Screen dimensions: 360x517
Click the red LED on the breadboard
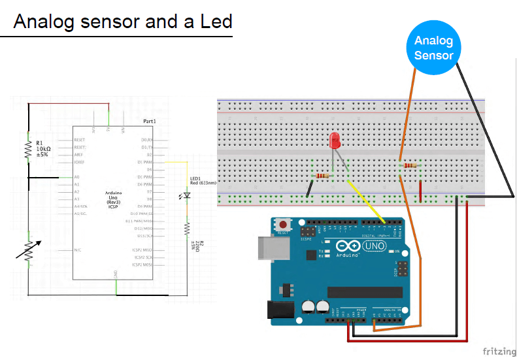point(335,140)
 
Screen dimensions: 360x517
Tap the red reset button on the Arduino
point(283,224)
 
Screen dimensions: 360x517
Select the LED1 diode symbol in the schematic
point(187,195)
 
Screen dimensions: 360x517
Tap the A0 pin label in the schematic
point(77,177)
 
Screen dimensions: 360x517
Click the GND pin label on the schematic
point(116,272)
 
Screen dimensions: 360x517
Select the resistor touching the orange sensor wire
point(410,166)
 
